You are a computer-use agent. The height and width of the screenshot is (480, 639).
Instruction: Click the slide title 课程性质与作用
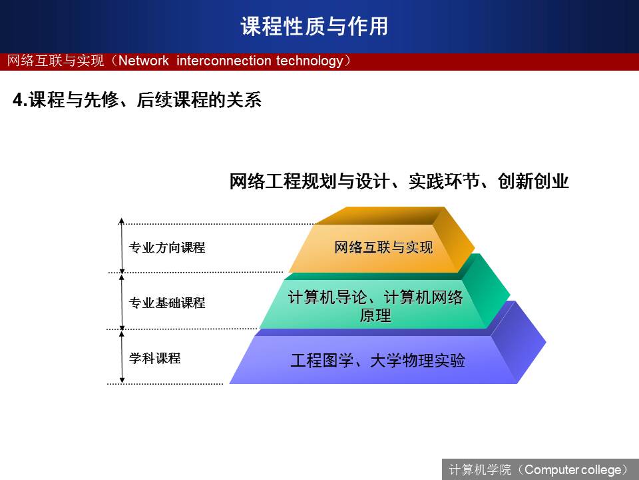coord(314,26)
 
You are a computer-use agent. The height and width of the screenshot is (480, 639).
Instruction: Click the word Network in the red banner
coord(144,61)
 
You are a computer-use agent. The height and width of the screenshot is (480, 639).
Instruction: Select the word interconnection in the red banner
coord(224,61)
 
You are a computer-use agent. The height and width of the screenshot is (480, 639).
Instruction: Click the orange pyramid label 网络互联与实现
coord(383,247)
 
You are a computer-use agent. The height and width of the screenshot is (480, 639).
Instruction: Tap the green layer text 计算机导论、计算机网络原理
coord(375,306)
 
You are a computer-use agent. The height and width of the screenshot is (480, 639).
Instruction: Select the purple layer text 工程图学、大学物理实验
coord(378,361)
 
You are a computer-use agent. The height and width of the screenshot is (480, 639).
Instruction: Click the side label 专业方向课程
coord(167,247)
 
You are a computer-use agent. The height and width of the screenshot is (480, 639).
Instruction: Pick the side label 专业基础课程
coord(167,303)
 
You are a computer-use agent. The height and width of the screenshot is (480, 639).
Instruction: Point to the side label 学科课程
coord(155,359)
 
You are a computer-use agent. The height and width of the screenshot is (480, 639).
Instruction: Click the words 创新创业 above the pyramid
coord(533,181)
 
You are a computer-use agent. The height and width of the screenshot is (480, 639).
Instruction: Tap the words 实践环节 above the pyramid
coord(444,181)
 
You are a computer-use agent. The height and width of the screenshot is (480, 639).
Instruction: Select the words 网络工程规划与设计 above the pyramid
coord(310,181)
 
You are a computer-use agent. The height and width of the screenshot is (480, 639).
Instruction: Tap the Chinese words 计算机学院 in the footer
coord(480,470)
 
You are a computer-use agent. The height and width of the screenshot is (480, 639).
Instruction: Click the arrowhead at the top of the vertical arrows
coord(121,221)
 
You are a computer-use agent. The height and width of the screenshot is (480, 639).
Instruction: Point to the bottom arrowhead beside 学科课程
coord(122,381)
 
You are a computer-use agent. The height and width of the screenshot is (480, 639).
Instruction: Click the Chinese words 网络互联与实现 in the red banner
coord(55,61)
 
